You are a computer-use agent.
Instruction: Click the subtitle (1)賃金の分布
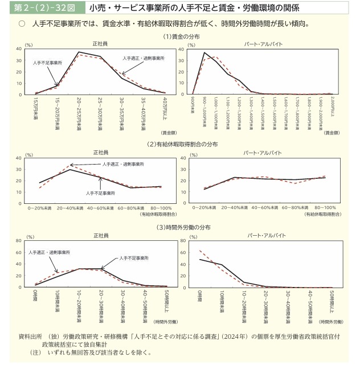(180, 36)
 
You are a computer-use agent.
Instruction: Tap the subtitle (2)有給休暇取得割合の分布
(180, 145)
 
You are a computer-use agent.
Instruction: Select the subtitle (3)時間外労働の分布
(180, 228)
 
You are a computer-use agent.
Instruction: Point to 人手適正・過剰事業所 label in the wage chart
(142, 59)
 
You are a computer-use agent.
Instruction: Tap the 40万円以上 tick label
(165, 108)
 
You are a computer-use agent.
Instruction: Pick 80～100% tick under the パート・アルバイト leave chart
(325, 208)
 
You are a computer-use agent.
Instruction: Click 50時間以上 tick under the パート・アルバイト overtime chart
(331, 302)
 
